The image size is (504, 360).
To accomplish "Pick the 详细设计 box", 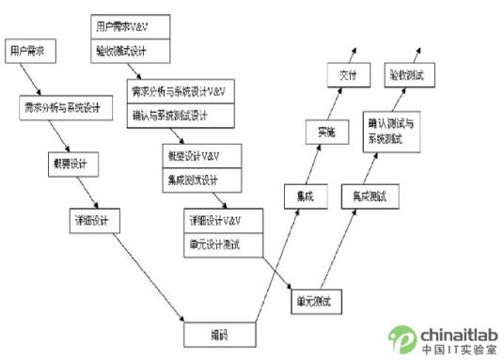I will tap(94, 221).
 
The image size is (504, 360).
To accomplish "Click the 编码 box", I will tap(218, 334).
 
